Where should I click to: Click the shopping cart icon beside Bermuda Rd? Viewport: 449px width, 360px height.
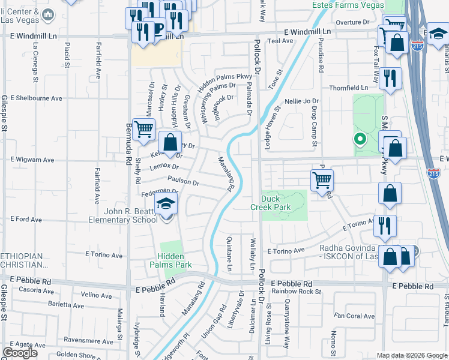click(x=143, y=129)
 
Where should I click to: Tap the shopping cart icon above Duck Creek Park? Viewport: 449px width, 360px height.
click(x=322, y=179)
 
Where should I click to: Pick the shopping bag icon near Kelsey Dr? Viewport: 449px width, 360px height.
click(x=170, y=143)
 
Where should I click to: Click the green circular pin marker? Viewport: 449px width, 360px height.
click(x=360, y=140)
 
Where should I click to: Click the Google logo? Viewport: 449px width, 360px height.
click(x=20, y=353)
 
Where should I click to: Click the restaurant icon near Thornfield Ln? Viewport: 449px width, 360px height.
click(x=391, y=78)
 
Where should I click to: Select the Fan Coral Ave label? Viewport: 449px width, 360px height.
click(x=354, y=316)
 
